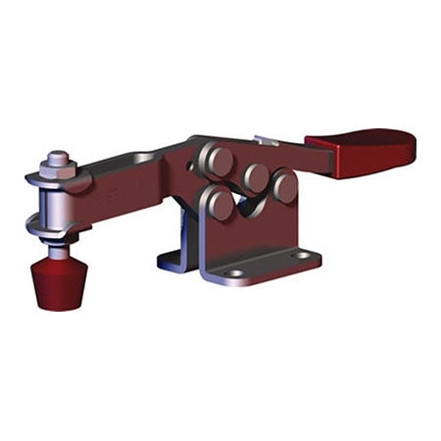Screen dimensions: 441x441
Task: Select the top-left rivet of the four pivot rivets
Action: coord(218,160)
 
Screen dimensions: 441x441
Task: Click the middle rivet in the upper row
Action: coord(257,177)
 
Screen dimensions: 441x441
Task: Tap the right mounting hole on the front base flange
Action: coord(303,256)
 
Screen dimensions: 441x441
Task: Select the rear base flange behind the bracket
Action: coord(171,260)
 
